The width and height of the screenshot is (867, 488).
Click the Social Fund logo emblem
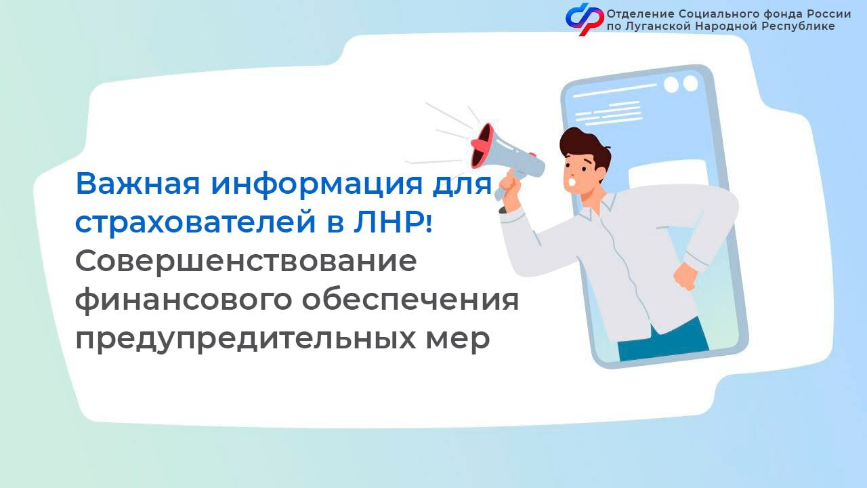pyautogui.click(x=585, y=18)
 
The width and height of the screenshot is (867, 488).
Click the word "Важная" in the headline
pyautogui.click(x=138, y=184)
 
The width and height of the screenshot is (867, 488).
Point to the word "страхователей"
pyautogui.click(x=196, y=223)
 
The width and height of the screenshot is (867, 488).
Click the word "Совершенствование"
pyautogui.click(x=246, y=262)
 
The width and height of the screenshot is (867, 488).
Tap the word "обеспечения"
pyautogui.click(x=410, y=300)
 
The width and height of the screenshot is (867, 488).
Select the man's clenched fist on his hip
pyautogui.click(x=686, y=276)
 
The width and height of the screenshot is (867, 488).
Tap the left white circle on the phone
pyautogui.click(x=671, y=85)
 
